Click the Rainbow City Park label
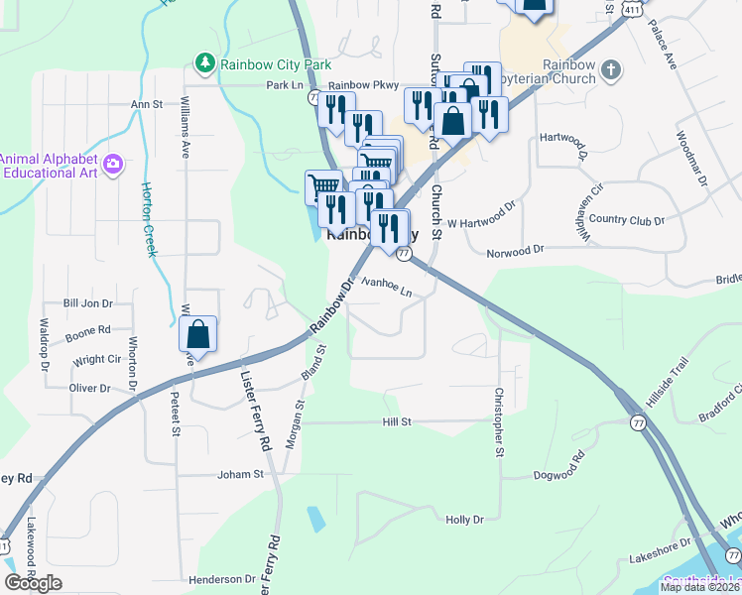pyautogui.click(x=275, y=64)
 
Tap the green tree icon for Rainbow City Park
pyautogui.click(x=205, y=63)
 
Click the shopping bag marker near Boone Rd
pyautogui.click(x=197, y=336)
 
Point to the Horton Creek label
pyautogui.click(x=150, y=219)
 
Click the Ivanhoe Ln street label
pyautogui.click(x=386, y=287)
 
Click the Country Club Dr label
pyautogui.click(x=626, y=219)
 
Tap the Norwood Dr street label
pyautogui.click(x=516, y=252)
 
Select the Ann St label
pyautogui.click(x=146, y=103)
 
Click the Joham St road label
pyautogui.click(x=241, y=474)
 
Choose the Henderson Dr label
pyautogui.click(x=222, y=579)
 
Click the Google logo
pyautogui.click(x=33, y=583)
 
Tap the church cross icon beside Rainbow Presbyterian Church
pyautogui.click(x=611, y=69)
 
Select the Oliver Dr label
pyautogui.click(x=89, y=388)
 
